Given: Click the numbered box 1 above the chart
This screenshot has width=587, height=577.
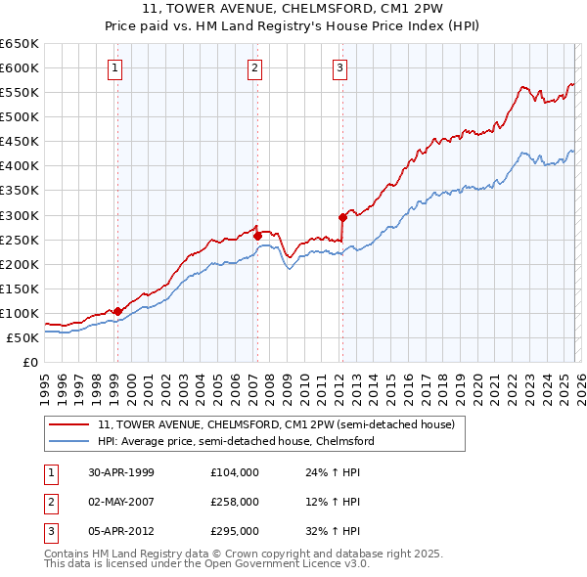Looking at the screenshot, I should pyautogui.click(x=116, y=68).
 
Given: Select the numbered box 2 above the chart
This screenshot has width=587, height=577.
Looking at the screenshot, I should pyautogui.click(x=254, y=68).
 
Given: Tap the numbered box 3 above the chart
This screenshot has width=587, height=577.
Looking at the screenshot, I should pyautogui.click(x=339, y=68).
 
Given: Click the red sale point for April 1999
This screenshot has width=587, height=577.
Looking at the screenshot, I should pyautogui.click(x=117, y=311).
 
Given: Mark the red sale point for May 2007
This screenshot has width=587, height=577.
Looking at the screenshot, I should pyautogui.click(x=256, y=235).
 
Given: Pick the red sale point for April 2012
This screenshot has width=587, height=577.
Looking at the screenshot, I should pyautogui.click(x=342, y=217).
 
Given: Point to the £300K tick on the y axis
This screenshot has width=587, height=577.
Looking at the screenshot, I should pyautogui.click(x=20, y=215).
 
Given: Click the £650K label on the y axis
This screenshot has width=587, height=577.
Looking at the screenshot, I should pyautogui.click(x=20, y=44).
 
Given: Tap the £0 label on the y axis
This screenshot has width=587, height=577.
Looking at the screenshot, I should pyautogui.click(x=29, y=362).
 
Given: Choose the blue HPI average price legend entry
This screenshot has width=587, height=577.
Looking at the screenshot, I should pyautogui.click(x=236, y=442).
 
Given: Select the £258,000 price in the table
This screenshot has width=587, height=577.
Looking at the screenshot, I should pyautogui.click(x=235, y=502).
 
